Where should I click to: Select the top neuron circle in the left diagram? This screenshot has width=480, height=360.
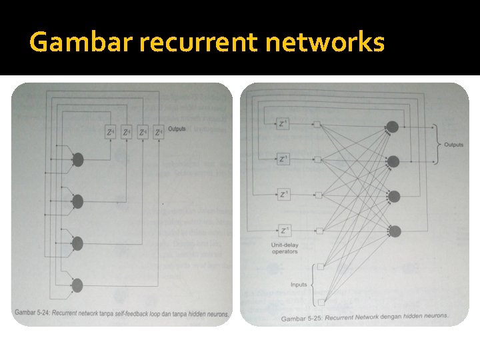(78, 159)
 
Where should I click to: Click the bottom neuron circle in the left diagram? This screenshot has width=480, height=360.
(77, 285)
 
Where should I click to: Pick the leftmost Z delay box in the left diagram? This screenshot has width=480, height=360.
(111, 132)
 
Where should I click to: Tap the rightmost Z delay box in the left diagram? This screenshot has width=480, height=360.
(158, 132)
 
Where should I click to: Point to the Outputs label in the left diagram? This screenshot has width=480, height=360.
(177, 129)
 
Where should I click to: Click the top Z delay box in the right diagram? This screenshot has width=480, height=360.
(284, 123)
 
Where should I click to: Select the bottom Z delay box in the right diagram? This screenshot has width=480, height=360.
(284, 231)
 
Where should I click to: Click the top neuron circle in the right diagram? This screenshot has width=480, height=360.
(393, 127)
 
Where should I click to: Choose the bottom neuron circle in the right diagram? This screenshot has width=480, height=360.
(395, 231)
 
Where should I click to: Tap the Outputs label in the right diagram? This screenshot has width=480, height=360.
(453, 145)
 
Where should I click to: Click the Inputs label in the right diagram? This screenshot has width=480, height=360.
(299, 285)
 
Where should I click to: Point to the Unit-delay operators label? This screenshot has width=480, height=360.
(285, 247)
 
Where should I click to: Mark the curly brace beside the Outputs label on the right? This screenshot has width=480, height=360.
(437, 144)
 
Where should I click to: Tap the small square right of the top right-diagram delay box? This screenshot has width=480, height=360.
(318, 124)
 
